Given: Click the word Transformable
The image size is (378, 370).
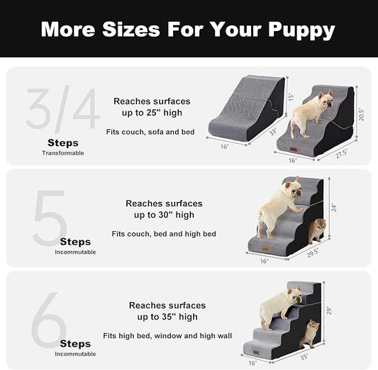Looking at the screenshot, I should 62,153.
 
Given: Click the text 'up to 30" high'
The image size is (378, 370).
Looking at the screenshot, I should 164,215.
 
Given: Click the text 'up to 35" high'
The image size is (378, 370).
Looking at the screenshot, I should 164,317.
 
